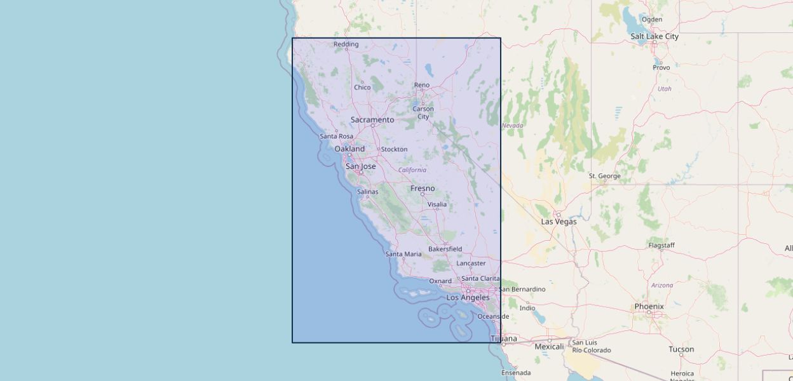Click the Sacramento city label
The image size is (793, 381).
click(x=372, y=119)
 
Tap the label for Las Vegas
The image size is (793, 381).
click(x=559, y=222)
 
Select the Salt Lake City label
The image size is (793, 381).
click(x=654, y=36)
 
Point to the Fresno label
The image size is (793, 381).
click(x=423, y=188)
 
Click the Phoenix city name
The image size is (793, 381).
click(x=649, y=306)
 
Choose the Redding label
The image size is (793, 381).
click(x=346, y=44)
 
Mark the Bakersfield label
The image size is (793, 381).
click(x=445, y=249)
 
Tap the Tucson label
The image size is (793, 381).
click(x=681, y=349)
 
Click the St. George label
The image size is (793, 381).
click(x=604, y=176)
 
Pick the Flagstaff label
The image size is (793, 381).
click(x=661, y=245)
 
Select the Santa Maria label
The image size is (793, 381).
click(x=403, y=254)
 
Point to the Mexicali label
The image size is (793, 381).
click(x=549, y=347)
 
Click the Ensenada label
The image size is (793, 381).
click(x=516, y=373)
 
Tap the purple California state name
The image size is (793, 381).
click(x=412, y=170)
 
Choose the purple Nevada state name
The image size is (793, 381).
click(x=512, y=126)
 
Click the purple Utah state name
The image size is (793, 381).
click(x=664, y=89)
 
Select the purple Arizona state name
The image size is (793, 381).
click(x=661, y=286)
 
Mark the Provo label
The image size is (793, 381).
click(x=661, y=67)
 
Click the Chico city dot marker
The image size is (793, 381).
click(x=362, y=82)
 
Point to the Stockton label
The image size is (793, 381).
click(x=394, y=149)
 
